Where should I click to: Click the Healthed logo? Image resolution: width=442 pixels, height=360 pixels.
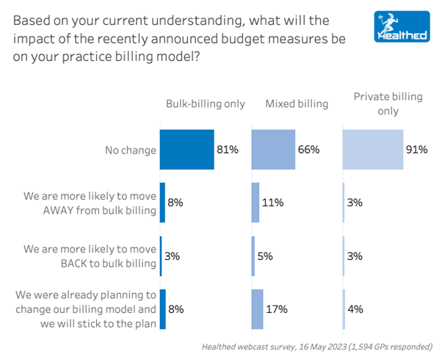click(399, 27)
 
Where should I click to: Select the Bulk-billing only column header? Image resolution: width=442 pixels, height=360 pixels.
click(205, 104)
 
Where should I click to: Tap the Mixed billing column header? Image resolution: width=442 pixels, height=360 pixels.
click(297, 104)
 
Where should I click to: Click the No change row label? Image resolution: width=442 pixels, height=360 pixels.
click(130, 150)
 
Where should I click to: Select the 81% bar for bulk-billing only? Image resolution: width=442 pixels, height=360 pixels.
click(186, 150)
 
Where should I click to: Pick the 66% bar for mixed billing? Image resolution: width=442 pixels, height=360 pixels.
click(273, 150)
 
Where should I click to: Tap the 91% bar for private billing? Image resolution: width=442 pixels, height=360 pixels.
click(372, 150)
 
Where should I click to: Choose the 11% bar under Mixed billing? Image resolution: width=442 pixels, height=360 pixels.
click(256, 203)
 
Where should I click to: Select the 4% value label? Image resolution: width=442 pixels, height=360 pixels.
click(356, 308)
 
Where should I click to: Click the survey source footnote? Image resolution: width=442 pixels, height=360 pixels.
click(317, 347)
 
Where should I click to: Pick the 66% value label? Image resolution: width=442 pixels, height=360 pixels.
click(309, 150)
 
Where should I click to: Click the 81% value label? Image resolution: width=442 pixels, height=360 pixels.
click(228, 150)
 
